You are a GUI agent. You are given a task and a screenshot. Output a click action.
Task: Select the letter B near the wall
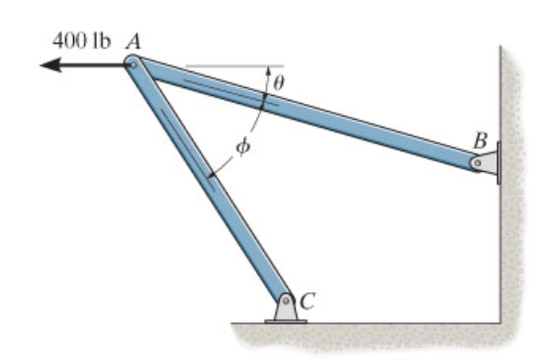[x=480, y=139]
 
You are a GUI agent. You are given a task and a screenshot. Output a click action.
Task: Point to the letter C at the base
[x=308, y=302]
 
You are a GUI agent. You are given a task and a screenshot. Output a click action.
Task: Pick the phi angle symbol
[x=244, y=146]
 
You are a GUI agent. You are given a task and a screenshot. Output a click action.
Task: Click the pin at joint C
[x=285, y=299]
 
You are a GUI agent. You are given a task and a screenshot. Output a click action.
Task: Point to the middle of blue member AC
[x=209, y=182]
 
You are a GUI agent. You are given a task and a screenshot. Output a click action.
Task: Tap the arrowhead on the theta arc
[x=268, y=72]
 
